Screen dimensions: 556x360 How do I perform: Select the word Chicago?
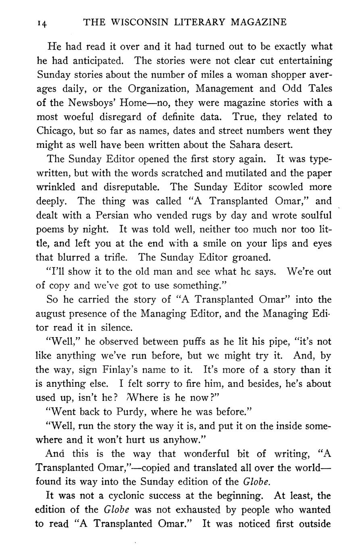54,131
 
